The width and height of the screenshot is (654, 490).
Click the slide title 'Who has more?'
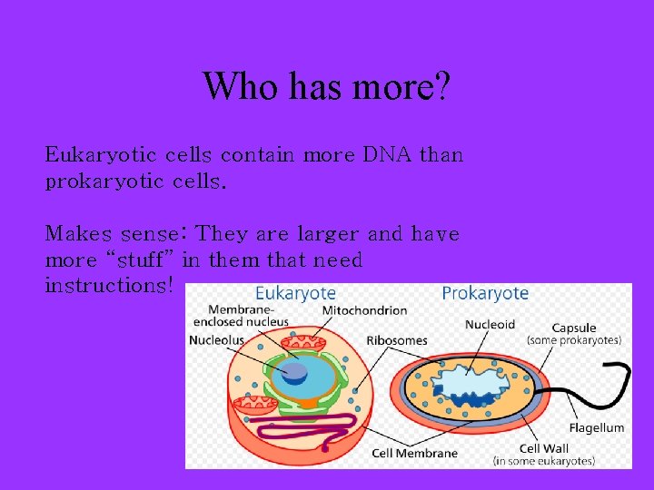pyautogui.click(x=326, y=87)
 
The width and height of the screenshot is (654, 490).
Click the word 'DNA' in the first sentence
pyautogui.click(x=388, y=155)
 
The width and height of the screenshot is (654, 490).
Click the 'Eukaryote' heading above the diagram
pyautogui.click(x=295, y=293)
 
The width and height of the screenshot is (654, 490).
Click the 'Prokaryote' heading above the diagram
pyautogui.click(x=484, y=293)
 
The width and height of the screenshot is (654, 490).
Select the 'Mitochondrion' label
pyautogui.click(x=364, y=310)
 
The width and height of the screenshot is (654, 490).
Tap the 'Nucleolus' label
pyautogui.click(x=216, y=340)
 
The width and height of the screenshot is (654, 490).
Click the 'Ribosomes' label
pyautogui.click(x=397, y=340)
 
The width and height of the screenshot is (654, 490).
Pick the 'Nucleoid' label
pyautogui.click(x=490, y=324)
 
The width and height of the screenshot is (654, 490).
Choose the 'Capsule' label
pyautogui.click(x=574, y=328)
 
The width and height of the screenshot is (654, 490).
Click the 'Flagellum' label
pyautogui.click(x=597, y=427)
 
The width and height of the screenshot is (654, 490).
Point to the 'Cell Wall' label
pyautogui.click(x=543, y=448)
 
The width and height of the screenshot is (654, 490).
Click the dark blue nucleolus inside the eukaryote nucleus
pyautogui.click(x=292, y=371)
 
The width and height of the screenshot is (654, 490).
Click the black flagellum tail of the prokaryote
pyautogui.click(x=599, y=377)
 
